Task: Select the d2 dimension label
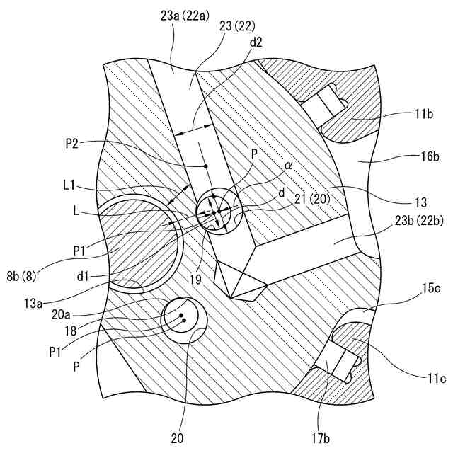tap(256, 42)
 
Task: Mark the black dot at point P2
tap(205, 166)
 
